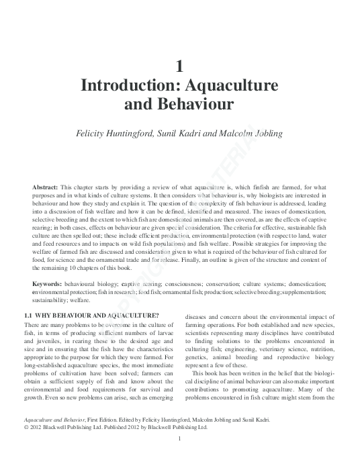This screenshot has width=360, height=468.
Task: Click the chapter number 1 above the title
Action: pyautogui.click(x=179, y=66)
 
